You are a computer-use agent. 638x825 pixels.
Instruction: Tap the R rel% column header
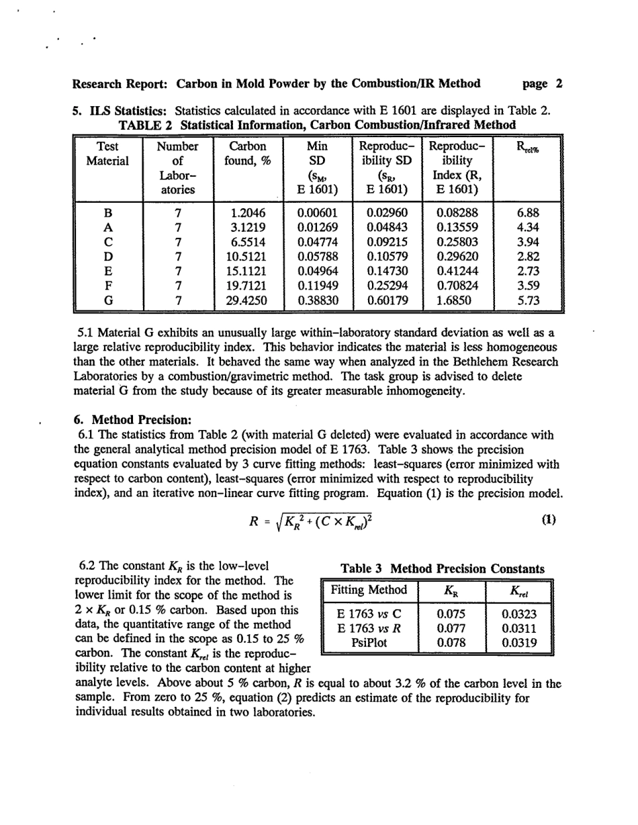pos(525,148)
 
